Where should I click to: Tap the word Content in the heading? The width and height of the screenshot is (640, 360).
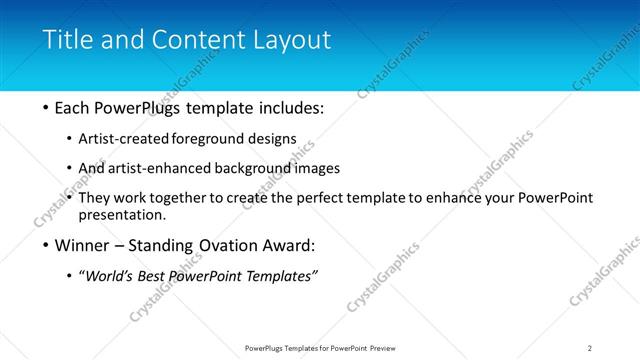click(x=196, y=40)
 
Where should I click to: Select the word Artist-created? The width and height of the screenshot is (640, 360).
click(x=128, y=139)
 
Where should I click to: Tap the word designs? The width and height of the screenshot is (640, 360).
click(x=274, y=139)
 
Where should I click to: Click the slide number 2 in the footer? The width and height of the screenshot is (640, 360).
click(x=589, y=348)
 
